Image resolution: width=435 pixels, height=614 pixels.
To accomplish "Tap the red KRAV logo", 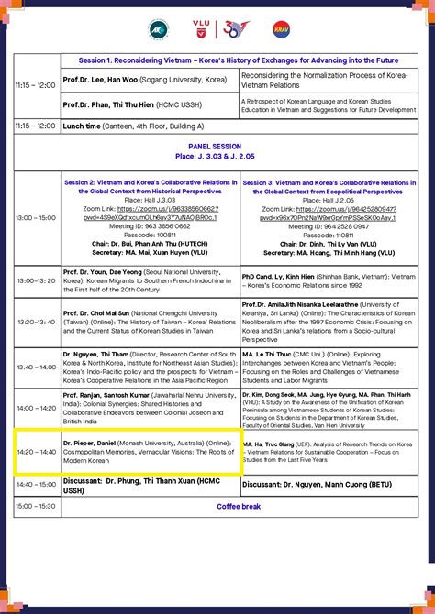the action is [x=281, y=29].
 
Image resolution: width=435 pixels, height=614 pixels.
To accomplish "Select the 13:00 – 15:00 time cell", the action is [x=36, y=218].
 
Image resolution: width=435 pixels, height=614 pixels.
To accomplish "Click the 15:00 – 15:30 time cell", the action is [x=36, y=505].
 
